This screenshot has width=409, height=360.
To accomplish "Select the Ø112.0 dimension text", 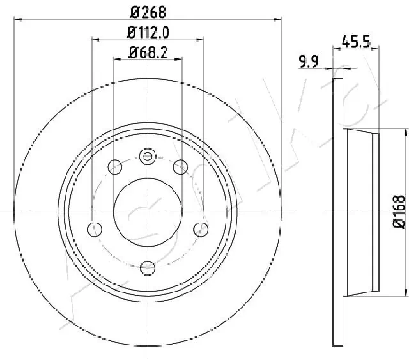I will coord(147,33).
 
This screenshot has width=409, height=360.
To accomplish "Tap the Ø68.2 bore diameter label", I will coord(148,53).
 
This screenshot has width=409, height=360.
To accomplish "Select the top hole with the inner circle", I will coord(148,156).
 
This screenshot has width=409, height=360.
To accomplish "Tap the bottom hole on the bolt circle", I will coord(148,268).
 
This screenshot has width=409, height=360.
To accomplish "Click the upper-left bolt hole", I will coord(115,168).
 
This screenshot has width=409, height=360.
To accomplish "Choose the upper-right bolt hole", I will coord(180,168).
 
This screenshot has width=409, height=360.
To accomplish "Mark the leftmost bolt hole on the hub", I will coord(95,228).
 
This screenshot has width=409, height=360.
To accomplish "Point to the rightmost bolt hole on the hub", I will coord(201,228).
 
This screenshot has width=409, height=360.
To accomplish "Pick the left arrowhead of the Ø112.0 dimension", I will coord(95,40).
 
